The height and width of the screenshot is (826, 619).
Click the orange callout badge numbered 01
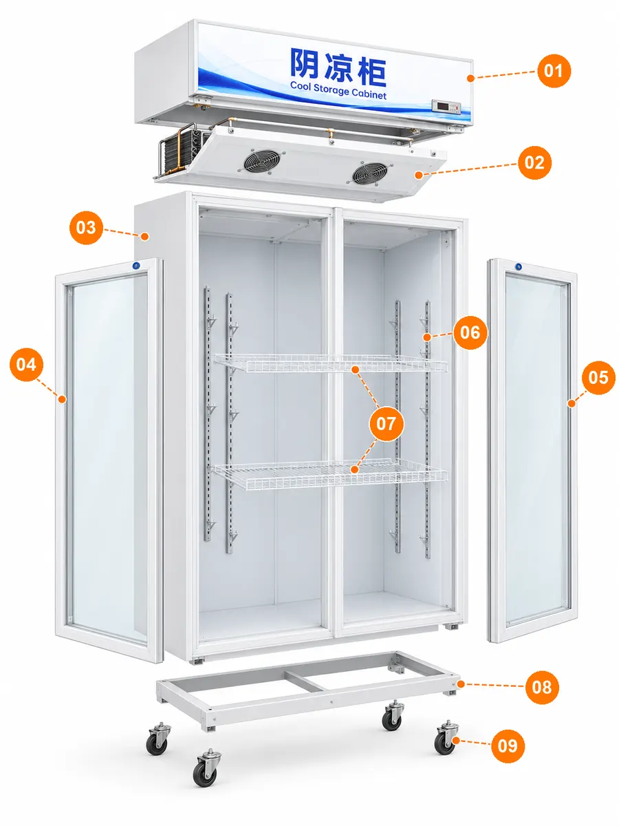[x=554, y=71]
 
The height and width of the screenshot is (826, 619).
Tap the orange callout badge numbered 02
[x=534, y=162]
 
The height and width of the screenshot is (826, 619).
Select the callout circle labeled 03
[x=86, y=227]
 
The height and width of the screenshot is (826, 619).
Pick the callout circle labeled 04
[x=26, y=364]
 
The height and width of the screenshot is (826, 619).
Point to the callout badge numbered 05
[x=598, y=377]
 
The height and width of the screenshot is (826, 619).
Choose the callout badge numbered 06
[x=470, y=332]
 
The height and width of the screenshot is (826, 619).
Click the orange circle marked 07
[x=387, y=423]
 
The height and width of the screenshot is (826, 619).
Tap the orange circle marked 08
[x=542, y=687]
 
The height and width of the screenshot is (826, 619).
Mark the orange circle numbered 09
[x=508, y=746]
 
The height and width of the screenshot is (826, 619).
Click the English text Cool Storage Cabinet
[x=338, y=91]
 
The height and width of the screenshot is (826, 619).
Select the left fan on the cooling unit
[x=262, y=162]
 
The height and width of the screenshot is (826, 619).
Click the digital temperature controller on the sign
[x=446, y=107]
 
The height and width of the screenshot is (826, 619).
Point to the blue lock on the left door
[x=135, y=265]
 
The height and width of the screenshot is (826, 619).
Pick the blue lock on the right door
[x=519, y=267]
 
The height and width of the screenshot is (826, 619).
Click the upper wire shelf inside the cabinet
[x=331, y=363]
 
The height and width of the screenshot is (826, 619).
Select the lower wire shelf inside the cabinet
[x=330, y=475]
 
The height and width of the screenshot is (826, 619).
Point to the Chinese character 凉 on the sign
[x=338, y=67]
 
